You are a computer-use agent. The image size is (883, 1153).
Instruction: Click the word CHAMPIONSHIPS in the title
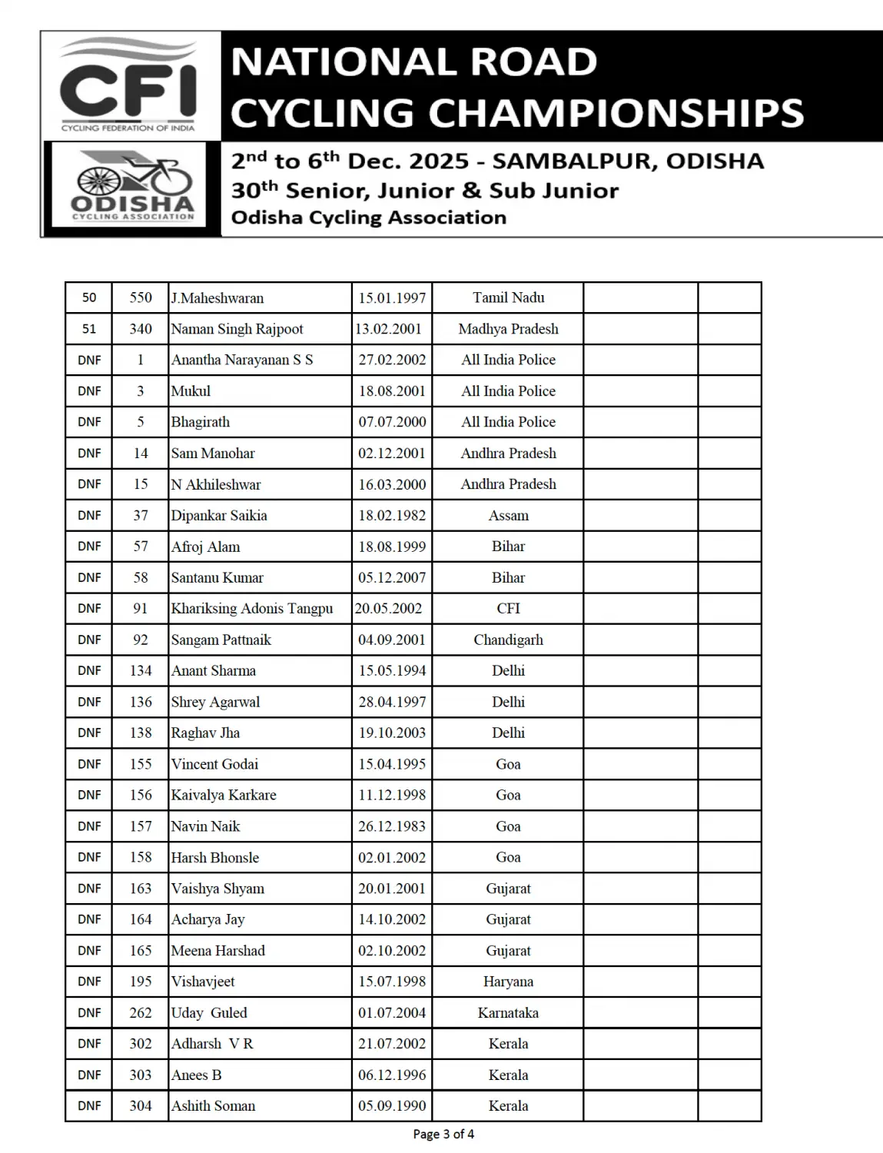tap(615, 113)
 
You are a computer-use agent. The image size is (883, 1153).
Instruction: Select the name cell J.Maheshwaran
tap(217, 298)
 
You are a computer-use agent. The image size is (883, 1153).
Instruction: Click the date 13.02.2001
tap(389, 329)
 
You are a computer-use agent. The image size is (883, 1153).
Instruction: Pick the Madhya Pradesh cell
tap(508, 329)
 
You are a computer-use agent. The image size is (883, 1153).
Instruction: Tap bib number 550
tap(141, 298)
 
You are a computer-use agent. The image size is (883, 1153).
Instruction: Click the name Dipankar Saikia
tap(219, 516)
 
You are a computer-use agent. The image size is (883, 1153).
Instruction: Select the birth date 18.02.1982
tap(392, 516)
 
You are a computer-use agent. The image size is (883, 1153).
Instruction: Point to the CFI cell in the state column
tap(508, 609)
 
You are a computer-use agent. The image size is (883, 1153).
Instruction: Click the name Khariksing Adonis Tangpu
tap(252, 609)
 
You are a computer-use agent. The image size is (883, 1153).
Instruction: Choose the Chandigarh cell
tap(508, 640)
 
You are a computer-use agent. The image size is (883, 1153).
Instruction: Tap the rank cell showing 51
tap(89, 329)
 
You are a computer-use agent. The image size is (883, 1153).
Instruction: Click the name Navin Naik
tap(205, 826)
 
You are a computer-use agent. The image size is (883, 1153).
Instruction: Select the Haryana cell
tap(508, 982)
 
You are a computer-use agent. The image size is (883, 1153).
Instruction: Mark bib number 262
tap(141, 1013)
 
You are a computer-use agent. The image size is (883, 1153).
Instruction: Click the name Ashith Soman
tap(213, 1106)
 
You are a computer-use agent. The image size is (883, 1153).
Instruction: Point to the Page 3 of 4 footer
tap(443, 1135)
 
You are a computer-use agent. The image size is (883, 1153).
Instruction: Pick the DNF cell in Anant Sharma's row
tap(89, 671)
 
